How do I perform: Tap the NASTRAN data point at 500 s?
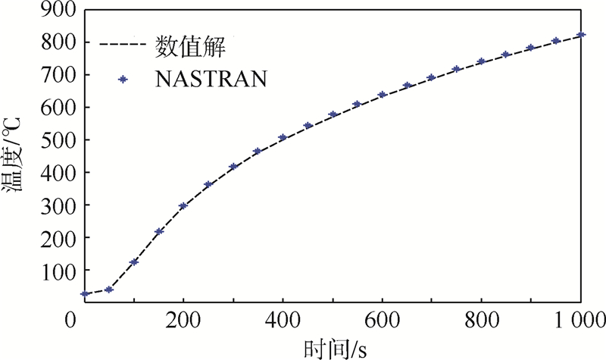click(333, 115)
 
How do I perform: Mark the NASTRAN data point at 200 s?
click(183, 206)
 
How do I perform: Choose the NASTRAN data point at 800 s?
click(482, 62)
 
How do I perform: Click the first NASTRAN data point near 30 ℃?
click(86, 294)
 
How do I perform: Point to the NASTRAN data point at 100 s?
click(134, 262)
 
